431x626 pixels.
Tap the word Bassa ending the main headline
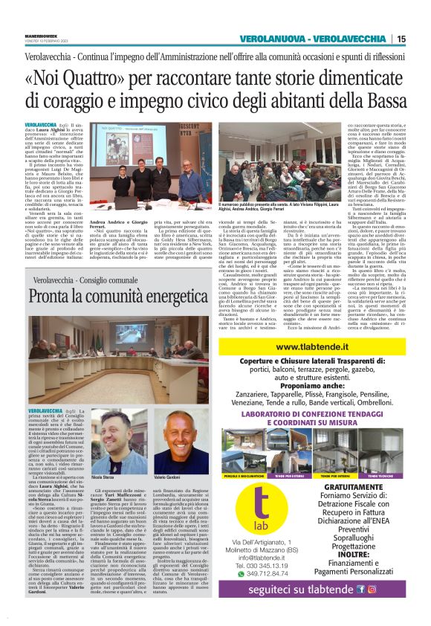click(x=375, y=100)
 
